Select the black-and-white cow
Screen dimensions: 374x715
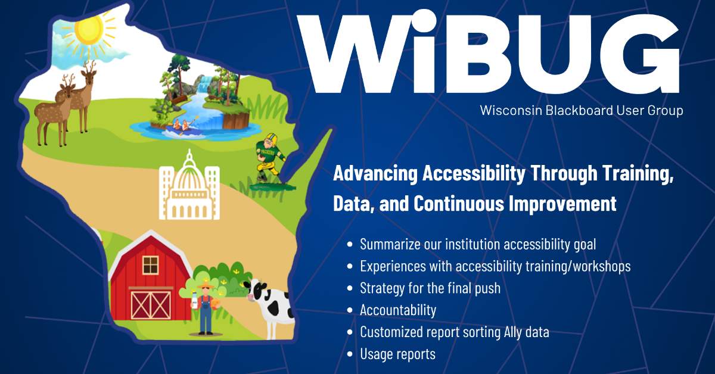pyautogui.click(x=271, y=301)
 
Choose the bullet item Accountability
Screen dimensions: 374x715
pyautogui.click(x=398, y=310)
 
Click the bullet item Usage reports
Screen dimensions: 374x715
pyautogui.click(x=397, y=354)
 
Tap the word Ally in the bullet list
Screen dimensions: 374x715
pyautogui.click(x=510, y=332)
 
